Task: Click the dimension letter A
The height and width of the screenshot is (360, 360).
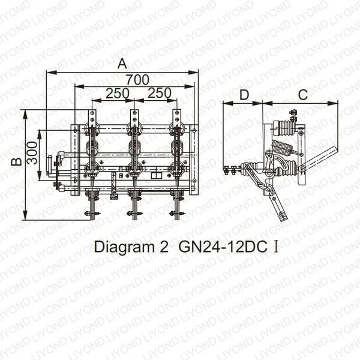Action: click(122, 64)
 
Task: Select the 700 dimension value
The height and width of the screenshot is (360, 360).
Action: click(137, 80)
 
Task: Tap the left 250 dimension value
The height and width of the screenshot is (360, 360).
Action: click(118, 93)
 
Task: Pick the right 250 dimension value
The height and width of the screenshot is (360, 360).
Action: click(160, 93)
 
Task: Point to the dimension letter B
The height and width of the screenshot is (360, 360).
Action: click(17, 161)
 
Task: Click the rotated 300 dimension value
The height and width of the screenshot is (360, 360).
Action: click(32, 152)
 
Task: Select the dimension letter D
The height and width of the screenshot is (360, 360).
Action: click(244, 95)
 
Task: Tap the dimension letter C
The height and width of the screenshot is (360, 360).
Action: click(303, 94)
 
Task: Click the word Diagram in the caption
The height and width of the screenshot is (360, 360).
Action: click(124, 247)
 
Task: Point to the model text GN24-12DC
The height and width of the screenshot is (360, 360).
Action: click(223, 247)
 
